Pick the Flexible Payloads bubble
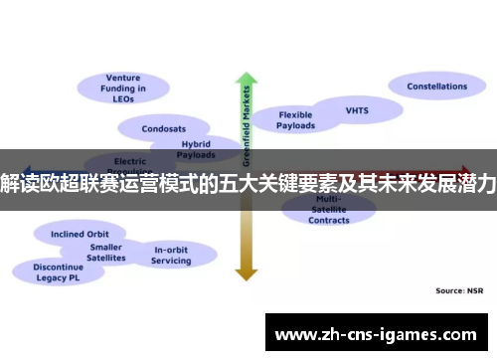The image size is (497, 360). pyautogui.click(x=295, y=120)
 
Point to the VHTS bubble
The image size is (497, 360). pyautogui.click(x=356, y=110)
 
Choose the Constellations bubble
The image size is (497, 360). pyautogui.click(x=436, y=88)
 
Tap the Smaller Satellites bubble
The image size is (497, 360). pyautogui.click(x=106, y=253)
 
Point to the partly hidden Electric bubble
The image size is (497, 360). pyautogui.click(x=130, y=159)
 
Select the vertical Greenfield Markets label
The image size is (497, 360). pyautogui.click(x=246, y=124)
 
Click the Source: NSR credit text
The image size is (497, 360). pyautogui.click(x=460, y=291)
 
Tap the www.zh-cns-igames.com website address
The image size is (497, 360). pyautogui.click(x=380, y=333)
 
